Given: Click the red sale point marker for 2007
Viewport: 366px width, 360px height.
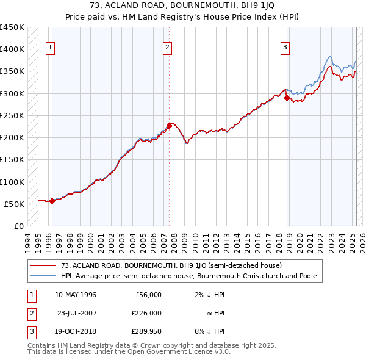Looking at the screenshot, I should pyautogui.click(x=169, y=126).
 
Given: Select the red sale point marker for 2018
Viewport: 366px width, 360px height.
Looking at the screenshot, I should pyautogui.click(x=287, y=98).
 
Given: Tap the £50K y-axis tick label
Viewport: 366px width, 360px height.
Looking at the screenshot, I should pyautogui.click(x=15, y=204).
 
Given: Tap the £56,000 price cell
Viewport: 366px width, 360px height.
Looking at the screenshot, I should pyautogui.click(x=148, y=295).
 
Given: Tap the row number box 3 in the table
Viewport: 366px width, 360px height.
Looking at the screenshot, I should pyautogui.click(x=30, y=331).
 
